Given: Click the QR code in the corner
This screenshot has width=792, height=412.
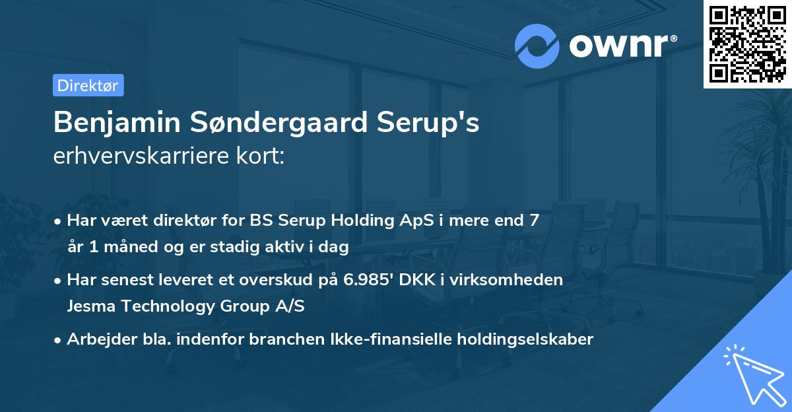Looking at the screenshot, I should click(x=747, y=44).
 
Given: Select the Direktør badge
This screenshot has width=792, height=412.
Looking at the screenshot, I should click(x=88, y=85).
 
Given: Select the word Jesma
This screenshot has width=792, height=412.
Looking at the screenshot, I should click(x=87, y=306).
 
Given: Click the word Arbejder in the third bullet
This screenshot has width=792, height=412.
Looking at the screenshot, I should click(x=96, y=339).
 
